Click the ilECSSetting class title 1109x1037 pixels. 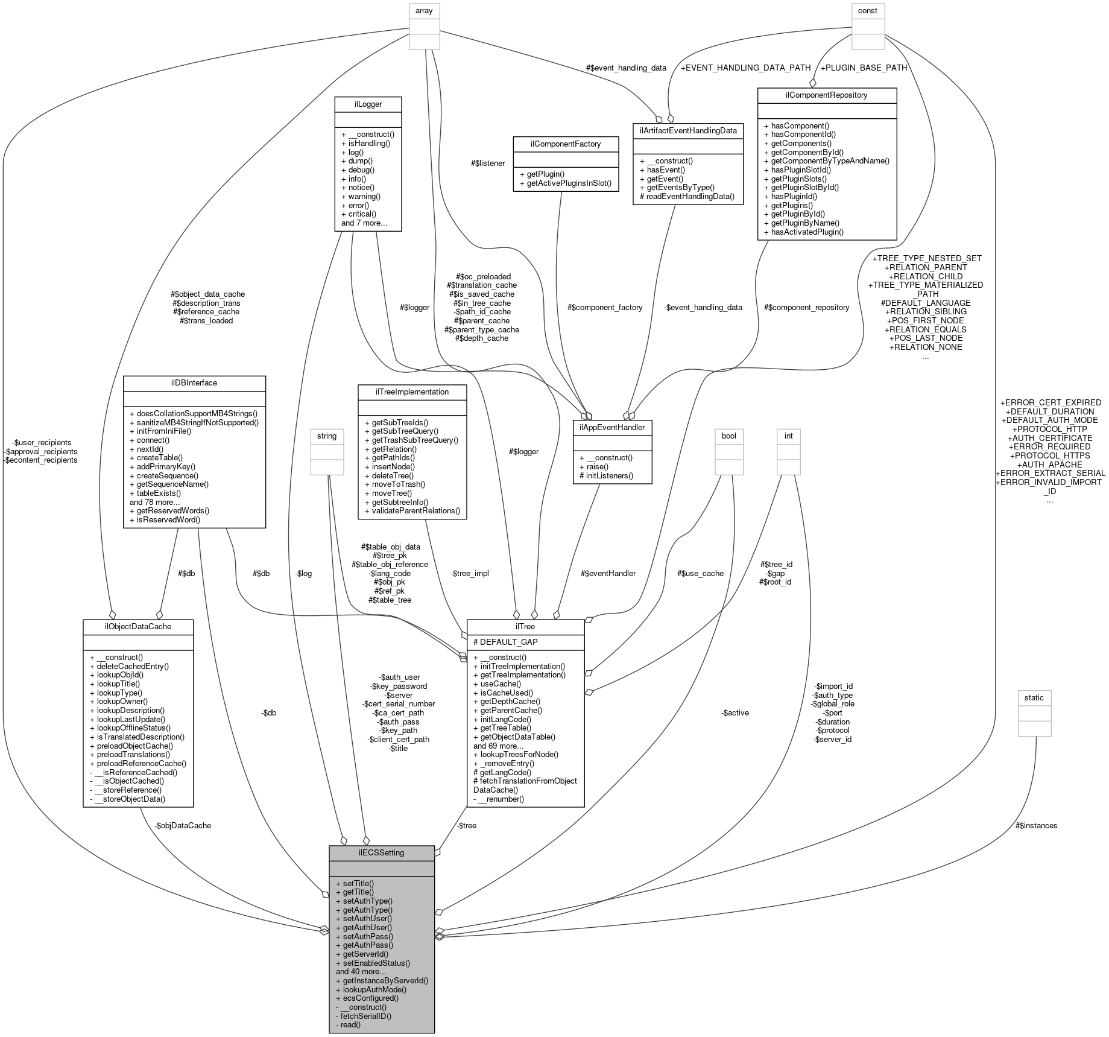(381, 852)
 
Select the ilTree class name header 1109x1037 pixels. (525, 627)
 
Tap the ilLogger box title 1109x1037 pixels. (368, 104)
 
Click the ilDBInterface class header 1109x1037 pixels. (194, 382)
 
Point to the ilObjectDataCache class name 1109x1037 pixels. (137, 626)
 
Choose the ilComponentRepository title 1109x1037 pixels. (826, 95)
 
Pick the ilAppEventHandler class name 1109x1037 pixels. (613, 427)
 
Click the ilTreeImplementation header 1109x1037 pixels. (412, 392)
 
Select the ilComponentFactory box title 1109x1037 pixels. (566, 143)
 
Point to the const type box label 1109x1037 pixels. (867, 10)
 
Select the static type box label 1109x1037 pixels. (1034, 697)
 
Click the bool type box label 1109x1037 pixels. (729, 436)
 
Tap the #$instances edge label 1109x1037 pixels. (1036, 825)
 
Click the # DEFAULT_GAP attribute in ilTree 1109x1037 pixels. (505, 642)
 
